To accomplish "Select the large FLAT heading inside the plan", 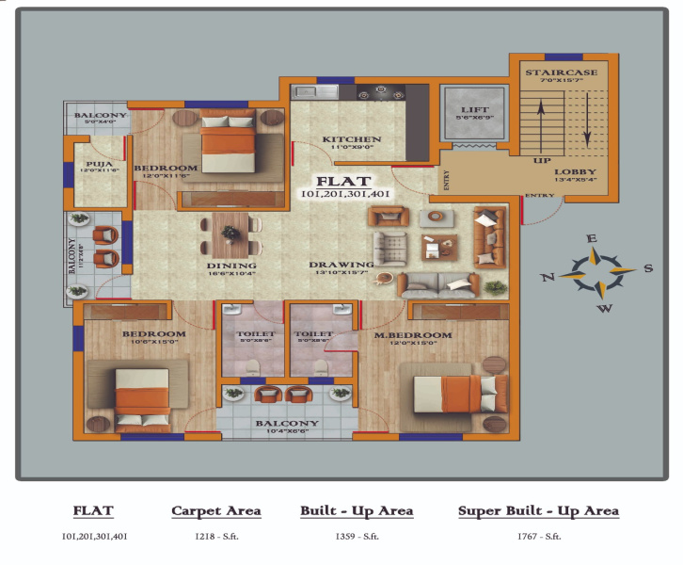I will point(344,181).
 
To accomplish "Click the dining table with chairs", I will point(230,234).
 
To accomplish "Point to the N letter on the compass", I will point(548,277).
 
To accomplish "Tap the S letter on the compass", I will point(649,268).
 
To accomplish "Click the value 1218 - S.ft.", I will point(215,536).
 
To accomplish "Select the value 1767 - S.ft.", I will point(538,536).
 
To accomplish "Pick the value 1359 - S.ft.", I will point(357,536).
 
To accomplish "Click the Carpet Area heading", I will point(215,510).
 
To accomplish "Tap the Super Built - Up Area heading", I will point(538,510).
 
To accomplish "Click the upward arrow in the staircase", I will point(541,122).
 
